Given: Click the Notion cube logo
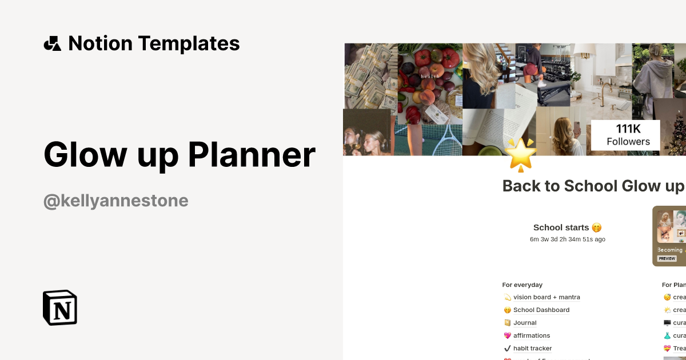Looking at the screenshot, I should (x=60, y=307).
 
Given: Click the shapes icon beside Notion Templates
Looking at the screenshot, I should (x=53, y=43).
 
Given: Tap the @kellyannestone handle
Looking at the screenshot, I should (x=116, y=201).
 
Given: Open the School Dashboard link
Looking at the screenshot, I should (x=541, y=310).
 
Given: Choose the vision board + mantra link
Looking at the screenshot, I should (x=547, y=297).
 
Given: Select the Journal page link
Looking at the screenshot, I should (x=525, y=323).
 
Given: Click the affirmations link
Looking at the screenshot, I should (x=532, y=335).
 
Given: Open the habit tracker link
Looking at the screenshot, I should (x=532, y=349).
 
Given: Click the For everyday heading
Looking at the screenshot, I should (x=523, y=285).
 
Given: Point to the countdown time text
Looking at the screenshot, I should (x=567, y=239).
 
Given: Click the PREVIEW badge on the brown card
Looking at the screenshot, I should (x=667, y=259).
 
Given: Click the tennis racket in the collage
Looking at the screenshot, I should (x=445, y=140).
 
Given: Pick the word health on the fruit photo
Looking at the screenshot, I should (x=429, y=76).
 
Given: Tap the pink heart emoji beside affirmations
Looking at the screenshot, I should (x=507, y=336).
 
